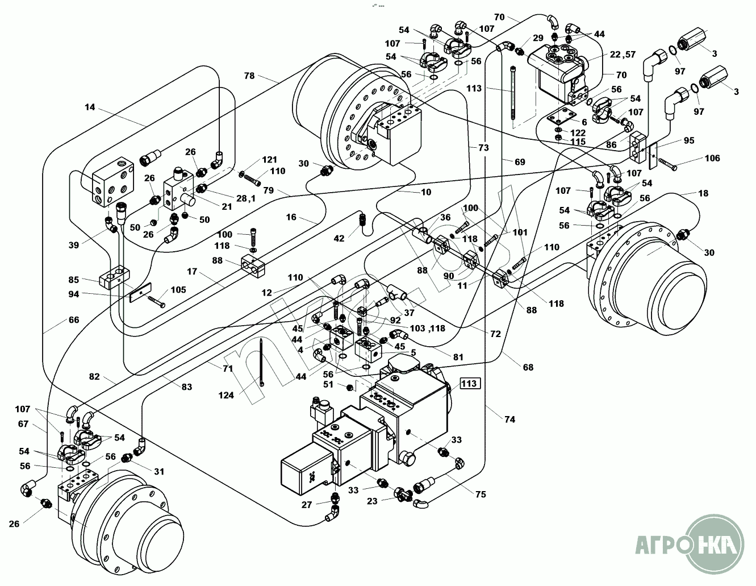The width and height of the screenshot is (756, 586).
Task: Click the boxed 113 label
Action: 470,383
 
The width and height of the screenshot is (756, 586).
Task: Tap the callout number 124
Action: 226,396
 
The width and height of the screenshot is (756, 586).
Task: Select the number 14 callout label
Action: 90,106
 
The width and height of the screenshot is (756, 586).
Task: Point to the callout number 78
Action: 249,75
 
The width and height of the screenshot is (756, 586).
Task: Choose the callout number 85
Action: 73,280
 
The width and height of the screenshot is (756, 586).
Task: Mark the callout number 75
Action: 481,494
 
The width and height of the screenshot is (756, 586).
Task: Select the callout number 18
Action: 703,193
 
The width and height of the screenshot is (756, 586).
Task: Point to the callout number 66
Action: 73,319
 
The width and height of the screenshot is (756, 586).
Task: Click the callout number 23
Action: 372,501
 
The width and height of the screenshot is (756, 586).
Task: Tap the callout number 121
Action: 270,160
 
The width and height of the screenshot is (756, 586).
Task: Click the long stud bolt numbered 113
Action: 515,94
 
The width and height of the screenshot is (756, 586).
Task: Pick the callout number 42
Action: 339,239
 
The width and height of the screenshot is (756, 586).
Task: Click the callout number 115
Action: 578,142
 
